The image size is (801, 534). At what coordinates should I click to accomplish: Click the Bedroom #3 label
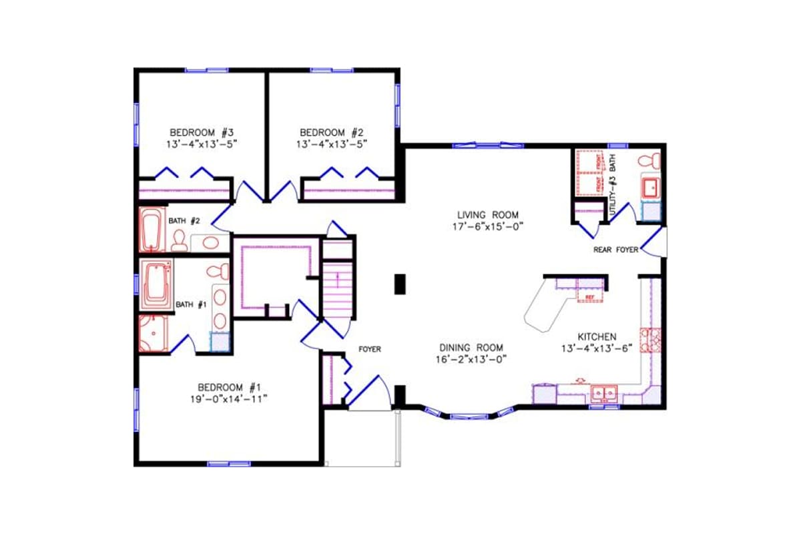click(201, 132)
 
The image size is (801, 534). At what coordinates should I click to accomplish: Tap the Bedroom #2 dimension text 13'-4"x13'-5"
click(331, 144)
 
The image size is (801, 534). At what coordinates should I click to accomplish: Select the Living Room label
click(487, 215)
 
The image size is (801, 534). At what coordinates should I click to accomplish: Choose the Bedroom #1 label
click(228, 387)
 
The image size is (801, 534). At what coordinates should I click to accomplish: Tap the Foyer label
click(369, 349)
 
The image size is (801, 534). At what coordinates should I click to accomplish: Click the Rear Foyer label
click(615, 250)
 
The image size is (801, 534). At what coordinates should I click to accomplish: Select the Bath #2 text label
click(184, 220)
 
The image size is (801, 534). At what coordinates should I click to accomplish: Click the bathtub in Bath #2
click(152, 229)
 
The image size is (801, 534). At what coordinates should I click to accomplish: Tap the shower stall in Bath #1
click(152, 332)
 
